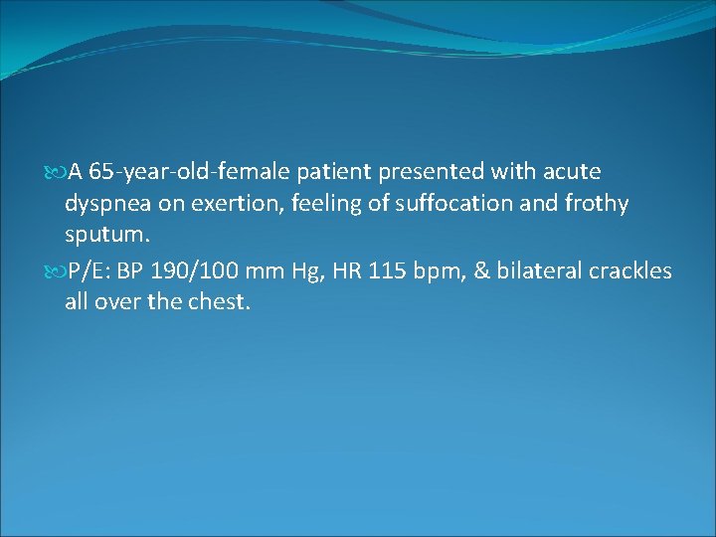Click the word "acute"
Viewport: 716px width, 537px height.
[x=571, y=172]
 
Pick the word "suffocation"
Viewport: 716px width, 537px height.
[x=452, y=204]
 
